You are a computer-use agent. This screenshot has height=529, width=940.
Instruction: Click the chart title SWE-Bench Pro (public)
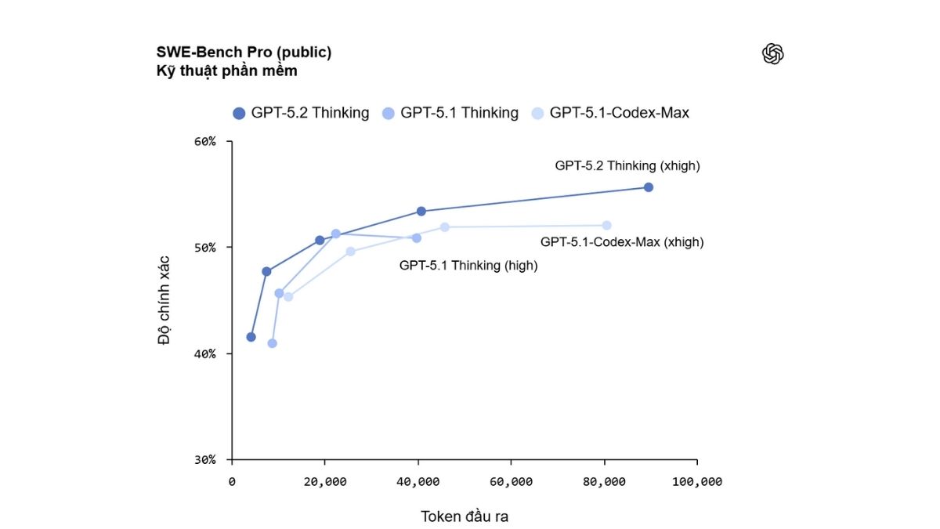[x=244, y=53]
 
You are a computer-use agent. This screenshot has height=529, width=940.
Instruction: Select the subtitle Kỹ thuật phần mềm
[x=226, y=71]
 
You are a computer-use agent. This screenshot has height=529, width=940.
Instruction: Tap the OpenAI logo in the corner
[x=772, y=54]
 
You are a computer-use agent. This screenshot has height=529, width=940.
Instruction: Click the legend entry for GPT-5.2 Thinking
[x=301, y=113]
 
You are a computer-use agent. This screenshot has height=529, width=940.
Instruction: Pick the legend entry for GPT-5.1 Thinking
[x=450, y=113]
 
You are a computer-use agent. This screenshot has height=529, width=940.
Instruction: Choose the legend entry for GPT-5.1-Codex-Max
[x=610, y=113]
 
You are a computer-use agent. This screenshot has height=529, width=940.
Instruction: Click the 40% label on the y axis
[x=204, y=353]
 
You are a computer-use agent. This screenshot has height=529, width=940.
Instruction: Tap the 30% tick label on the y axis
[x=204, y=459]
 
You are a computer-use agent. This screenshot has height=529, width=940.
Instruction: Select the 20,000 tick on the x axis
[x=325, y=481]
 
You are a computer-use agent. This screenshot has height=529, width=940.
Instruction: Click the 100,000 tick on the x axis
[x=696, y=481]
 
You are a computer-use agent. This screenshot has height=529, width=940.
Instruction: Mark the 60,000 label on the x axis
[x=511, y=481]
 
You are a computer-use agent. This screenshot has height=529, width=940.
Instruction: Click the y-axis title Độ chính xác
[x=164, y=300]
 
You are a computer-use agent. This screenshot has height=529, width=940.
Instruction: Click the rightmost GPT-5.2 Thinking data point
[x=648, y=187]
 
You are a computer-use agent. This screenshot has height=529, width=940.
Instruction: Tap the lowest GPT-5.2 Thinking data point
[x=251, y=337]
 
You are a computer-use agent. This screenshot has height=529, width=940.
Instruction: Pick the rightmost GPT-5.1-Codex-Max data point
[x=606, y=226]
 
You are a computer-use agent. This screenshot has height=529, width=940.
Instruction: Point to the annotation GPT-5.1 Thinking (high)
[x=468, y=266]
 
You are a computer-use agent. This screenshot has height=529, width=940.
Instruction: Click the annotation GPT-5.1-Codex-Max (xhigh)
[x=622, y=242]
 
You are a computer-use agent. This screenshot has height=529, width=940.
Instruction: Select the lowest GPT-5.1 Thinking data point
[x=272, y=343]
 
